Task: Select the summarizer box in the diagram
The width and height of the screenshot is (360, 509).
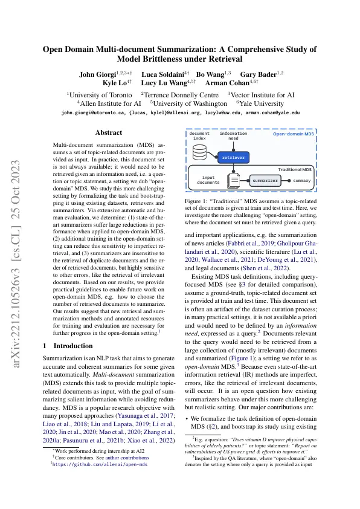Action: (265, 180)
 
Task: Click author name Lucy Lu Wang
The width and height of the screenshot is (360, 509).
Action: (165, 83)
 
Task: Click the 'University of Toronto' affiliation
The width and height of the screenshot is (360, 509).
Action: (100, 95)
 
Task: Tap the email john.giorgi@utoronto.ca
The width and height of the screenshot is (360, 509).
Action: (100, 113)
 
